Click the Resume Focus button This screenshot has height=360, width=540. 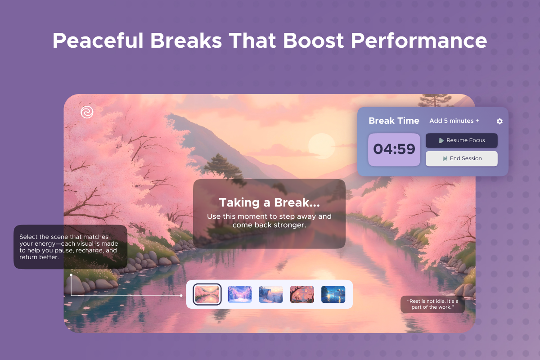tap(461, 140)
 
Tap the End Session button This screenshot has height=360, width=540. tap(461, 158)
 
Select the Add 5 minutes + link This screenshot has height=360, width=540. tap(454, 121)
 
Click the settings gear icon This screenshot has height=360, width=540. tap(500, 121)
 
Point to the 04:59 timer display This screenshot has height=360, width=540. tap(394, 149)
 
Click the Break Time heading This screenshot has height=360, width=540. tap(394, 121)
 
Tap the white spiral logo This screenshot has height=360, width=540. tap(87, 112)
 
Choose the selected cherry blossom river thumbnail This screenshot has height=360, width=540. tap(207, 294)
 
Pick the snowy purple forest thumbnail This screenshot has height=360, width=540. tap(239, 294)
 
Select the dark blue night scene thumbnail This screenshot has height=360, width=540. tap(333, 294)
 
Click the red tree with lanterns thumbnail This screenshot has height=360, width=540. tap(302, 294)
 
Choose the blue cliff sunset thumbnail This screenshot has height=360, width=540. tap(271, 294)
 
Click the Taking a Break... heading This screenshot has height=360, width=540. tap(269, 202)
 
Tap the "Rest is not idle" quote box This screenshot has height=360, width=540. tap(432, 304)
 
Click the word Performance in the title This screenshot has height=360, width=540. tap(419, 40)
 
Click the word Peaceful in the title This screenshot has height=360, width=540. tap(98, 40)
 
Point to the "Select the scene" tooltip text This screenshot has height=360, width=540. tap(69, 247)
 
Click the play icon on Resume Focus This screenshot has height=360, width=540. tap(441, 140)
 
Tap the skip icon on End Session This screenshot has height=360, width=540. tap(445, 158)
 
